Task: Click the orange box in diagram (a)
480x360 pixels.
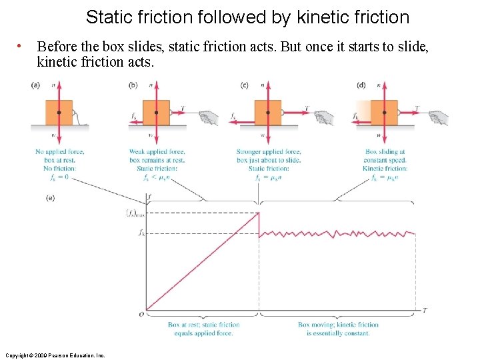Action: pos(59,112)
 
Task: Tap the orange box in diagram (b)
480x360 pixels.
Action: pos(156,112)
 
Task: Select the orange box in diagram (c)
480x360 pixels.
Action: pos(267,112)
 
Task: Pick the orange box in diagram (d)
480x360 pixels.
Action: pos(383,112)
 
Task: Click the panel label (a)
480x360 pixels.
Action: pos(35,85)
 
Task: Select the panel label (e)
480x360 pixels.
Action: pos(50,197)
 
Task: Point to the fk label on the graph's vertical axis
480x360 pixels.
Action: pos(141,233)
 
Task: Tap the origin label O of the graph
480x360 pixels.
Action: pos(141,313)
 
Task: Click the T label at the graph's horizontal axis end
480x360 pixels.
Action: pos(425,311)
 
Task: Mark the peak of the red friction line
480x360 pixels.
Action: pos(259,213)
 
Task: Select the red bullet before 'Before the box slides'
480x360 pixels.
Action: pos(21,46)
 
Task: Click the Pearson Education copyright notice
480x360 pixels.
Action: pos(55,355)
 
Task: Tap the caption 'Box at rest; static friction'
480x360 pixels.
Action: pos(203,325)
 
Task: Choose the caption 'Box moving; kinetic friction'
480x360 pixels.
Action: pos(338,325)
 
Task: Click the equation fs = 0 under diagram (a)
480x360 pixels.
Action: pos(59,177)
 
